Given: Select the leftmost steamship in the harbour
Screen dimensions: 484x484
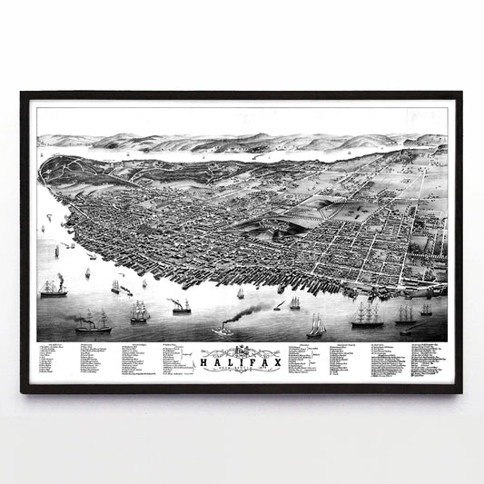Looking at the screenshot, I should coord(53,288).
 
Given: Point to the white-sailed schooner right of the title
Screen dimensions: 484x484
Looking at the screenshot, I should coord(316,325).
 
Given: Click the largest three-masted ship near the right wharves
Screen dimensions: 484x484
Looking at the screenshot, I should coord(367,315).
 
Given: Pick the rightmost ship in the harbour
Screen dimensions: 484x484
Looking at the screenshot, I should coord(426,310).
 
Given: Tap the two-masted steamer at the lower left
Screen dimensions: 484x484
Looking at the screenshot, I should coord(94,321).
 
